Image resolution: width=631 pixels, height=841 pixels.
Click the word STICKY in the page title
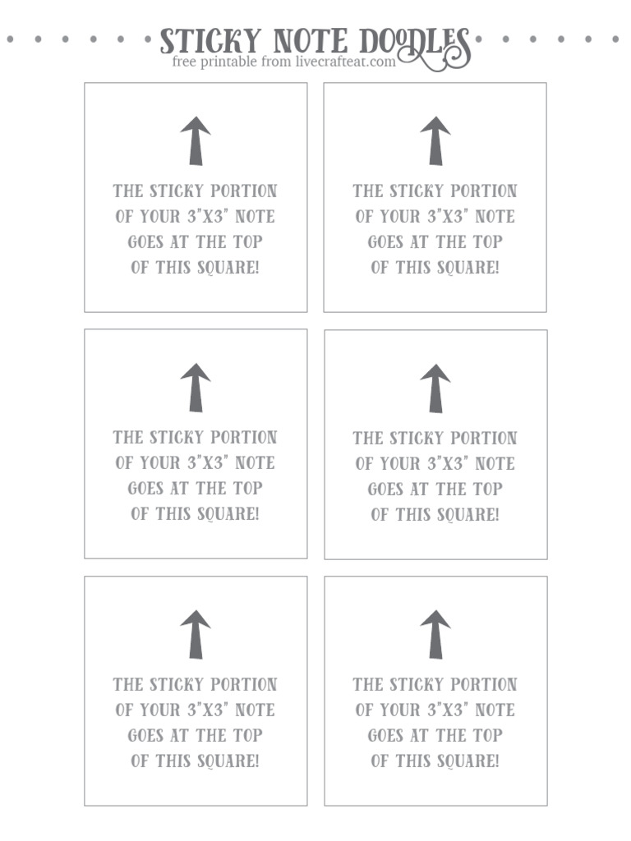coord(210,42)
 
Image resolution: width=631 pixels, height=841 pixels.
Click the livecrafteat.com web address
coord(345,62)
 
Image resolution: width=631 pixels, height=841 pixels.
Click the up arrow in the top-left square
coord(196,140)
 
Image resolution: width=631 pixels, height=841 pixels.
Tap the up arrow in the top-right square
coord(435,140)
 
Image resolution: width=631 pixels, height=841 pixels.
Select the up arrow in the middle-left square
coord(196,388)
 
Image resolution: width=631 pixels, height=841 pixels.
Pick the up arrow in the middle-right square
coord(435,388)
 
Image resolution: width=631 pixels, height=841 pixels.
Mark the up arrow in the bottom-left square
coord(196,634)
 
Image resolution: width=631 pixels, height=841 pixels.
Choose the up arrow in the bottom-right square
coord(435,634)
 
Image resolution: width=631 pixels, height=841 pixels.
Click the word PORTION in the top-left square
coord(244,191)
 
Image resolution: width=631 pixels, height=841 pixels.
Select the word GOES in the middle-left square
coord(145,489)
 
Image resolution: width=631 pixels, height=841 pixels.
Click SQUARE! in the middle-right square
coord(467,515)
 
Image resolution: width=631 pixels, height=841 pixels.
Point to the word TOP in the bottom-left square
coord(247,736)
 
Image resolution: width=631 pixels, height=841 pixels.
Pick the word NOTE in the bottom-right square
coord(495,710)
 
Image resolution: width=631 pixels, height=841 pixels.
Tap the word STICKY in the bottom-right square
coord(417,685)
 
